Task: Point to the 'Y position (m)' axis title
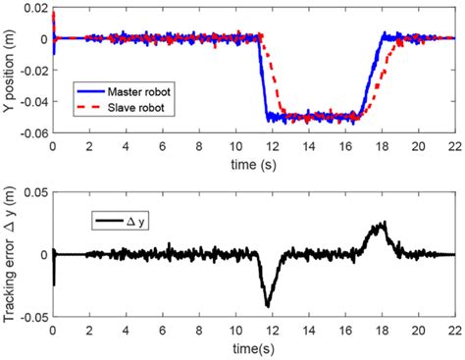click(x=10, y=71)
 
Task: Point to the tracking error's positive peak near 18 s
click(x=384, y=224)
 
